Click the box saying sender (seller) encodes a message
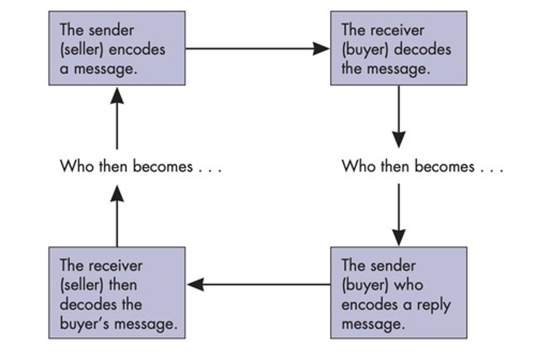117,48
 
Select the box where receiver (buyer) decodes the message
398,48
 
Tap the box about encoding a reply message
398,293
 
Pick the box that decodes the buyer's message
117,293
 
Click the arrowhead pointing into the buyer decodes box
321,48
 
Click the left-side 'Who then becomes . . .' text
141,166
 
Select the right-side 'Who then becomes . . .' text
422,166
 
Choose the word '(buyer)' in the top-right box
360,50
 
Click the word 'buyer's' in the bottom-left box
84,324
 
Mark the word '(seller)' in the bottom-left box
82,285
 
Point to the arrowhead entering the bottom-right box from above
399,237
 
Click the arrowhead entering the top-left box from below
117,96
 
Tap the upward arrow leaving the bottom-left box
117,220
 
